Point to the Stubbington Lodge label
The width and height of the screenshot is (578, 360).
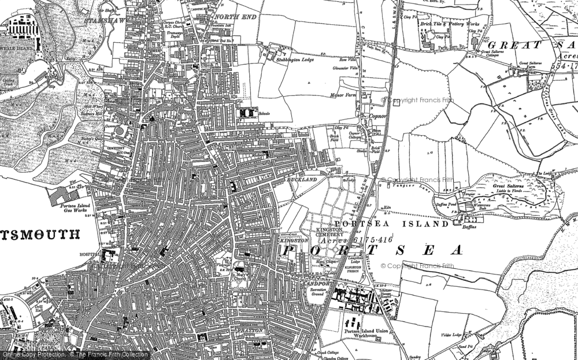coord(295,60)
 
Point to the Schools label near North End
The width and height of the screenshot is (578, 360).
coord(265,114)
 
